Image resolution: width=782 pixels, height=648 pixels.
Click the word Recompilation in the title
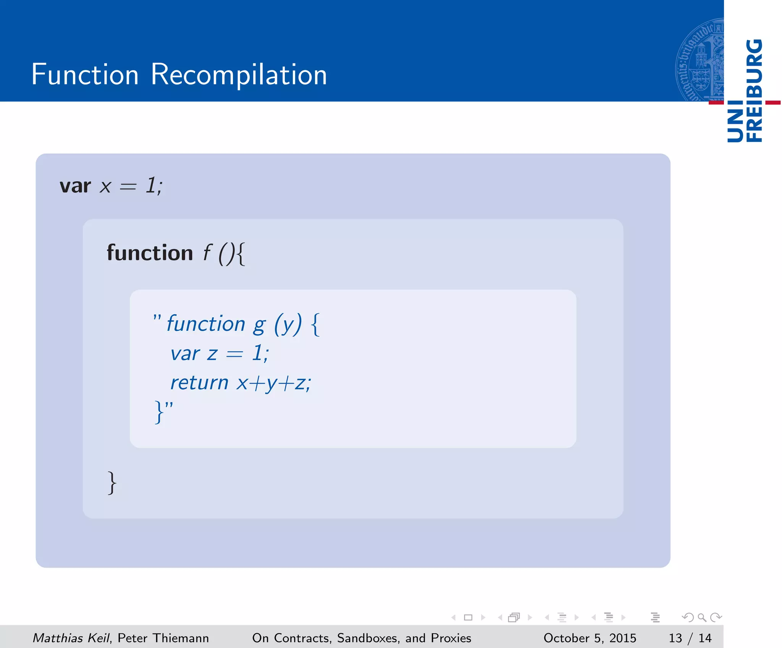point(239,75)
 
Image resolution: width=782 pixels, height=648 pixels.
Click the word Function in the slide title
point(85,75)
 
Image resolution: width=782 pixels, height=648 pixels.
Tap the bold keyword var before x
point(75,186)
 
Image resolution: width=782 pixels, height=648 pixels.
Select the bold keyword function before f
point(150,253)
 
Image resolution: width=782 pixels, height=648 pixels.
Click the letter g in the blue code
point(259,325)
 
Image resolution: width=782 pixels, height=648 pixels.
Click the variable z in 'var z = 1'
point(212,354)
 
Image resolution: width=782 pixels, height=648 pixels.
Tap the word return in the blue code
point(199,383)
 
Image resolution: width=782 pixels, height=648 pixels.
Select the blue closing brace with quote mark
point(163,411)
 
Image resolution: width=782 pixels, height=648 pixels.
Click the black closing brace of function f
point(111,483)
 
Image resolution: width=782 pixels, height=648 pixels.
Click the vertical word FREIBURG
point(755,90)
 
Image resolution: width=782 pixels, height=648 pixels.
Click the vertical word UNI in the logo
point(735,122)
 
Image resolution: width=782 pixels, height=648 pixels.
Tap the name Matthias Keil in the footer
point(71,638)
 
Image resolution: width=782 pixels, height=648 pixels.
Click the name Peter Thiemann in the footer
point(163,638)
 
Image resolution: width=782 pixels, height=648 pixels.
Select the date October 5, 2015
point(590,638)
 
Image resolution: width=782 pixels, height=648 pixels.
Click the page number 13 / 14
point(690,638)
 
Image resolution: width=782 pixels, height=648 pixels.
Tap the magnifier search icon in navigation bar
point(702,617)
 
